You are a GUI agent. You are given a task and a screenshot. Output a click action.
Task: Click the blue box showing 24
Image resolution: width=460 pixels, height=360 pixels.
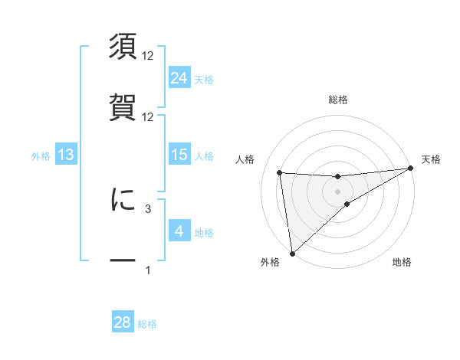click(179, 77)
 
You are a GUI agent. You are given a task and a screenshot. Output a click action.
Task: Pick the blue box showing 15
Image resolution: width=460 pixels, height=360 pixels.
click(179, 155)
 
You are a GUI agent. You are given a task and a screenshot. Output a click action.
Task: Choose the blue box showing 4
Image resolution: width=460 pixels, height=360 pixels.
click(179, 231)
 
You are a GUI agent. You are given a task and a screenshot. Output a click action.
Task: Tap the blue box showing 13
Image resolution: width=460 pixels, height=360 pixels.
click(66, 155)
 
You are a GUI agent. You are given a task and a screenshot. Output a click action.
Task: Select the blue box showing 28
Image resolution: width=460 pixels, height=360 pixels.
click(123, 322)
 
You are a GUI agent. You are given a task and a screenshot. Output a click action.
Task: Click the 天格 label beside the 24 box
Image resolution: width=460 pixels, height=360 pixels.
click(204, 78)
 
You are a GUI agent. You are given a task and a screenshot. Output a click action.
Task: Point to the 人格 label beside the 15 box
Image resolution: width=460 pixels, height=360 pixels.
click(204, 155)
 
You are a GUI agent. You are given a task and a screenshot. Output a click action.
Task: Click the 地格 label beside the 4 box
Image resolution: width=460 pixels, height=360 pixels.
click(204, 232)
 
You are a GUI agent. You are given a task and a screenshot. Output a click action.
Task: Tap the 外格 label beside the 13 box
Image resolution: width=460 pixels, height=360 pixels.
click(41, 155)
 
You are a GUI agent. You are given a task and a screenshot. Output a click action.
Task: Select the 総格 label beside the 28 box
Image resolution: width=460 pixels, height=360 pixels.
click(147, 323)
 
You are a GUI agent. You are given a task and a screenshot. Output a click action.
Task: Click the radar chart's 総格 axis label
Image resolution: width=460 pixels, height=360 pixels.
click(338, 100)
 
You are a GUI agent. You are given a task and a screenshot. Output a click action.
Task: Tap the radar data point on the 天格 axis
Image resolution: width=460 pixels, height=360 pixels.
click(411, 169)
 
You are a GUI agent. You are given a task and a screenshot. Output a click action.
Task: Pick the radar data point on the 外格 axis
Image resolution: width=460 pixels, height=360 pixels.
click(292, 253)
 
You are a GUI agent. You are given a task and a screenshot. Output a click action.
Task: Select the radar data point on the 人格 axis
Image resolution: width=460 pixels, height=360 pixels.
click(280, 172)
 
